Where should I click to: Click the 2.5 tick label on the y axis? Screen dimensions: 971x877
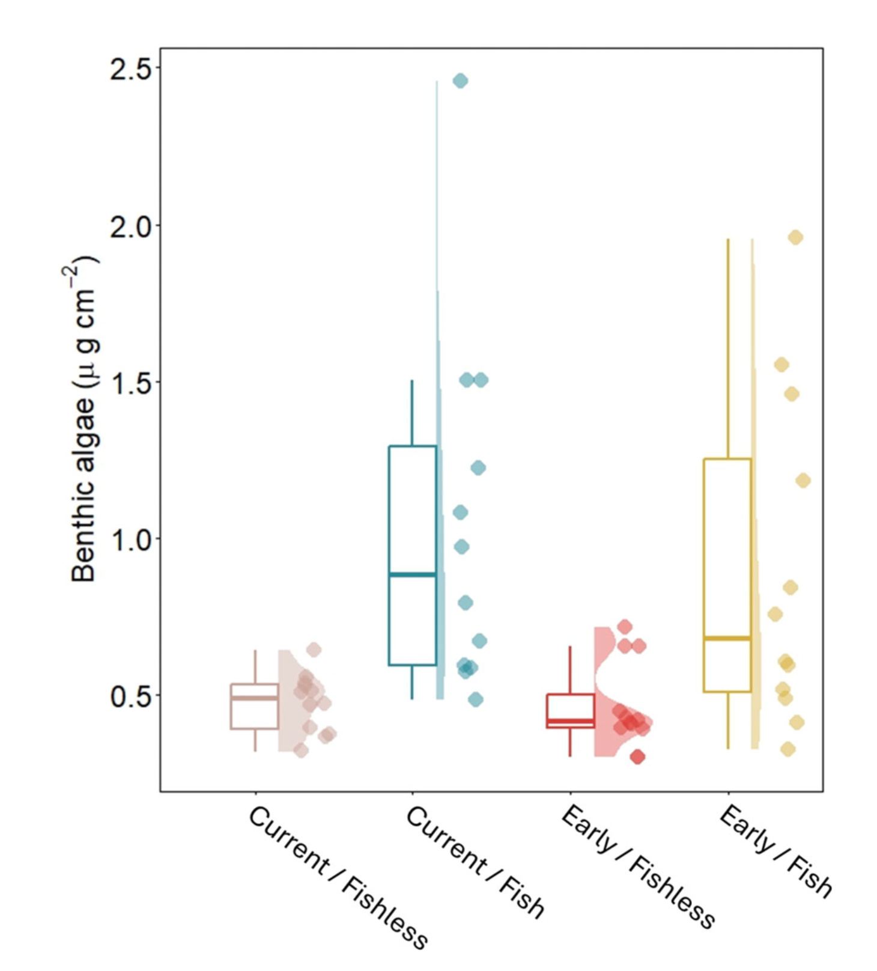pos(130,70)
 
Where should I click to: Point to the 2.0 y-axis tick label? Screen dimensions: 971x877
pos(130,227)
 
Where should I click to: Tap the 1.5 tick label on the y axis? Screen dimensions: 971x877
pos(130,383)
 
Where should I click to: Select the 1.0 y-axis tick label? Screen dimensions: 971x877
pos(130,540)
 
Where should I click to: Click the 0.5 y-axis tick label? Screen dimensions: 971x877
pos(130,697)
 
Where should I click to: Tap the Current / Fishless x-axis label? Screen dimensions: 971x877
pos(338,877)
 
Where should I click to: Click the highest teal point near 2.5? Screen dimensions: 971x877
pos(460,81)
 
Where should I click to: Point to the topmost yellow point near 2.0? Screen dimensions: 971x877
pos(795,237)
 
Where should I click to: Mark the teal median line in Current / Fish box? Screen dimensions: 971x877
pos(412,575)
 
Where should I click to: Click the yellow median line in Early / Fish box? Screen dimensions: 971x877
pos(727,638)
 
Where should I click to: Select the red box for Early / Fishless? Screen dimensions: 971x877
pos(570,710)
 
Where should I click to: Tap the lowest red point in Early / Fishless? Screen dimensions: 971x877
pos(637,757)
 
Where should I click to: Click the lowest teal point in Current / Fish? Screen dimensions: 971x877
pos(475,699)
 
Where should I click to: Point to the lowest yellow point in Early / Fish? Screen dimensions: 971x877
pos(787,749)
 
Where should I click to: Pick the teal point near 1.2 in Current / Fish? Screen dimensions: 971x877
pos(478,468)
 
